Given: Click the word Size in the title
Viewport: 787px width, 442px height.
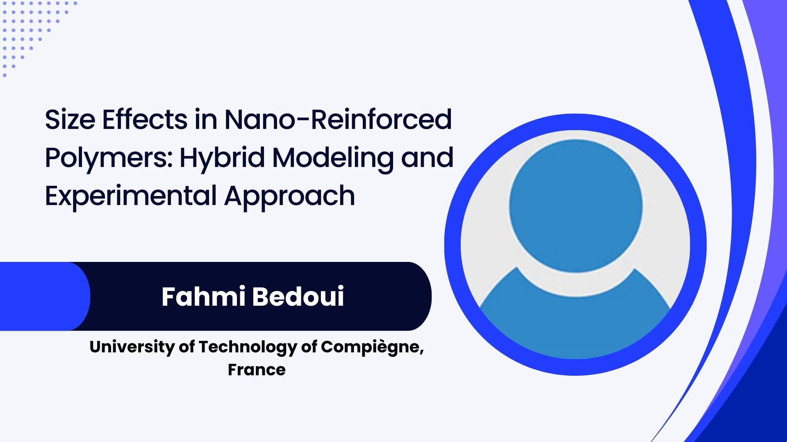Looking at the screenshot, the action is tap(70, 120).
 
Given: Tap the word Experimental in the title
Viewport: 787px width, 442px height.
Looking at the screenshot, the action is tap(131, 196).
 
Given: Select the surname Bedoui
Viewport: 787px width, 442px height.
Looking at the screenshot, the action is tap(298, 296).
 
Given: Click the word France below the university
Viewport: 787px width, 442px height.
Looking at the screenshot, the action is tap(257, 370).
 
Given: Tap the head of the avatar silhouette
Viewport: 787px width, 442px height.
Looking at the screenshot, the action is tap(575, 206).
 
